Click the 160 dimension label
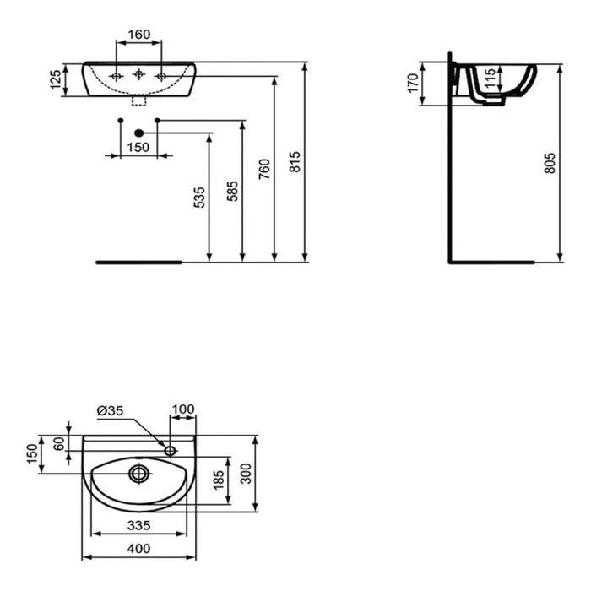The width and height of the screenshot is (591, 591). [138, 35]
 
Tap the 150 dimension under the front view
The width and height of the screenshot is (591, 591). [138, 147]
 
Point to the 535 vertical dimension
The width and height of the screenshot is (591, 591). [199, 198]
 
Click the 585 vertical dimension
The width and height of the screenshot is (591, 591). [233, 192]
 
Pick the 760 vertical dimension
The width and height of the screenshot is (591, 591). [264, 169]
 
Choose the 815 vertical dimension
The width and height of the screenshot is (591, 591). [294, 162]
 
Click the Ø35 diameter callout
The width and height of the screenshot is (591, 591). [111, 410]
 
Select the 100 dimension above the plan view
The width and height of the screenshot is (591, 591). [182, 410]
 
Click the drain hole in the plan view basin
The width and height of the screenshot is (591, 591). [138, 474]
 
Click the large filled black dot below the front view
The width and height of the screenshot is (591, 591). [139, 133]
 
